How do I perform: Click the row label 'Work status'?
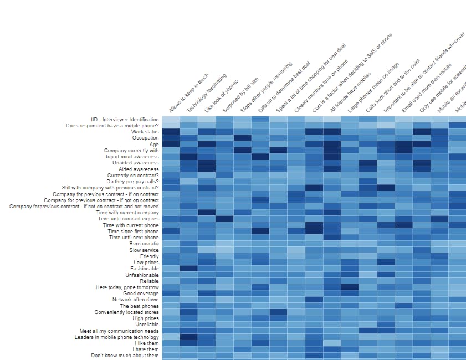pyautogui.click(x=145, y=132)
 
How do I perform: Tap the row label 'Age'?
pyautogui.click(x=154, y=145)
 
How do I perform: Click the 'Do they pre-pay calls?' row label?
pyautogui.click(x=132, y=182)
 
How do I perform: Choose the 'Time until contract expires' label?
pyautogui.click(x=127, y=219)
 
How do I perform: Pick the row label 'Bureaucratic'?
pyautogui.click(x=144, y=244)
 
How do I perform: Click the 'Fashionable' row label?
pyautogui.click(x=144, y=269)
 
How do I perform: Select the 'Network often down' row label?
pyautogui.click(x=135, y=300)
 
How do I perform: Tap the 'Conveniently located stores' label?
pyautogui.click(x=126, y=312)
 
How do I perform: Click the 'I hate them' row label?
pyautogui.click(x=146, y=349)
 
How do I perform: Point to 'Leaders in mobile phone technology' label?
pyautogui.click(x=116, y=337)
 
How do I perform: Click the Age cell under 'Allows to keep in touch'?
pyautogui.click(x=171, y=144)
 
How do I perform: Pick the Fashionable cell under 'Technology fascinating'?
pyautogui.click(x=188, y=269)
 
